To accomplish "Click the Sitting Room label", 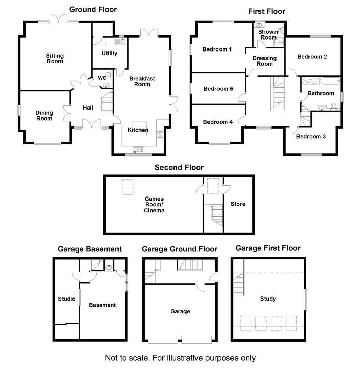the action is (55, 58).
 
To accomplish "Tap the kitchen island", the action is (139, 129).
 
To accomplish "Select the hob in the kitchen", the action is (160, 134).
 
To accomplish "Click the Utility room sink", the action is (121, 41).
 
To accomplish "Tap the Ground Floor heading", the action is (93, 9).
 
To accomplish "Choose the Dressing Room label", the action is (265, 61).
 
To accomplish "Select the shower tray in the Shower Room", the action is (279, 42).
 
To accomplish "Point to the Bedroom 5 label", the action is (218, 89).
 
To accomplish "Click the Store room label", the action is (238, 204).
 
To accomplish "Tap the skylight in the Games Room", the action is (127, 187).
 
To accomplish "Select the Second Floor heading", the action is (179, 167).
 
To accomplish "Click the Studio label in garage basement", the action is (67, 299).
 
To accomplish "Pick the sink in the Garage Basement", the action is (109, 267).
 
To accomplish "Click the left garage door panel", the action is (163, 339).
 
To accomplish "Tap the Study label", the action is (268, 299).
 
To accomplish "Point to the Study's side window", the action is (305, 299).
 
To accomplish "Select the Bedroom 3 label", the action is (311, 136).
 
